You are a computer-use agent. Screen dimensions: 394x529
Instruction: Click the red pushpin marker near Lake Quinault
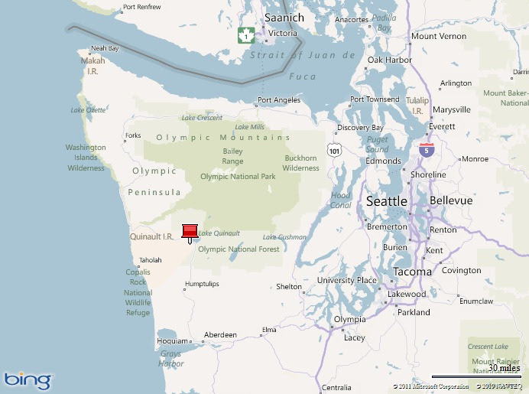[x=190, y=231]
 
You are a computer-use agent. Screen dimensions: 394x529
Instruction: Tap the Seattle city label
[x=387, y=201]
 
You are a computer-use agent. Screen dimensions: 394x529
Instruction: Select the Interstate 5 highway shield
[x=427, y=149]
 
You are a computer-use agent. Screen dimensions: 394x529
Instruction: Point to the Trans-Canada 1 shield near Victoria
[x=245, y=34]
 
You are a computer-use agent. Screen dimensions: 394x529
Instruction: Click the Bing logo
[x=28, y=379]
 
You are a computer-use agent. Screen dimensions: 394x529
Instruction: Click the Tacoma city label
[x=413, y=272]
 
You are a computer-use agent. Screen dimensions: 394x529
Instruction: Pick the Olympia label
[x=350, y=319]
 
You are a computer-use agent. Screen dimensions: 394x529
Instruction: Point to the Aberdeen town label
[x=219, y=335]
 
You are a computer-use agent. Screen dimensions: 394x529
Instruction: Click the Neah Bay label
[x=105, y=48]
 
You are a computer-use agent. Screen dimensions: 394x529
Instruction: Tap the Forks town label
[x=132, y=135]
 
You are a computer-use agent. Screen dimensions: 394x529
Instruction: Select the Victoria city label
[x=283, y=34]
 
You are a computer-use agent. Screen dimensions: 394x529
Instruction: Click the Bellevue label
[x=452, y=200]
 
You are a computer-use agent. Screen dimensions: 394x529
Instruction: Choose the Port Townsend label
[x=375, y=99]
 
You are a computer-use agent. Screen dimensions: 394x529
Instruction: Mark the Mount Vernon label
[x=439, y=36]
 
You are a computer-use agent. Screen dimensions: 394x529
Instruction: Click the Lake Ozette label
[x=88, y=110]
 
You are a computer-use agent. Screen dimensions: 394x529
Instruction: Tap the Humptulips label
[x=201, y=284]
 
